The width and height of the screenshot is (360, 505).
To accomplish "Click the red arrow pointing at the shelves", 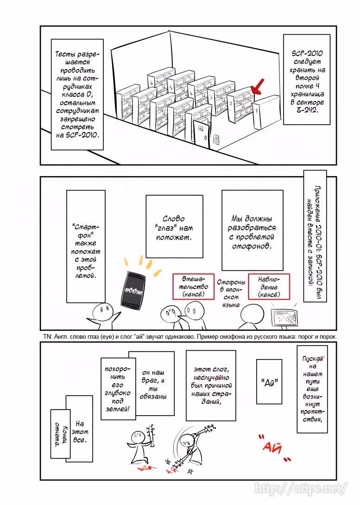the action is click(x=258, y=86).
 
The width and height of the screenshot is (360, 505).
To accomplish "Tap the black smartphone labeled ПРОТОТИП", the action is click(x=133, y=291).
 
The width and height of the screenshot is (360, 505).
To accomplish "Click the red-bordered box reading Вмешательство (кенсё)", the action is click(x=193, y=287).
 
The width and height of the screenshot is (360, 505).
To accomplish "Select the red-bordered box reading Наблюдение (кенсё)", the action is click(x=269, y=287).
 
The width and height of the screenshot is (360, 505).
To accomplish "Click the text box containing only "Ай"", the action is click(x=269, y=381).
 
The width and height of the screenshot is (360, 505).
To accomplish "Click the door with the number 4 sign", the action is click(x=201, y=135).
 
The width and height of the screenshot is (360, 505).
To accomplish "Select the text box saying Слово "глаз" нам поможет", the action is click(x=174, y=226).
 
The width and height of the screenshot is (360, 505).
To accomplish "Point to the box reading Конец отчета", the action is click(x=60, y=434).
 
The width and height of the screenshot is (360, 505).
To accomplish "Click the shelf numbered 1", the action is click(x=265, y=113).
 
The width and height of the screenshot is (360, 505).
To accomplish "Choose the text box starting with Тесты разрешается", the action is click(x=77, y=95).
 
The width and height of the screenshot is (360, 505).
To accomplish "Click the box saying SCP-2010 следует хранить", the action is click(x=307, y=80).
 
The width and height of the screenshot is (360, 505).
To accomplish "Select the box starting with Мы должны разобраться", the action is click(x=252, y=230).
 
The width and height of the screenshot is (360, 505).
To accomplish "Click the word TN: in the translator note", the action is click(x=47, y=336).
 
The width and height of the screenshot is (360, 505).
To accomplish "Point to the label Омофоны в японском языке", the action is click(x=231, y=293).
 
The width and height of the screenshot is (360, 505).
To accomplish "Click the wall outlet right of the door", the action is click(x=217, y=139).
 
